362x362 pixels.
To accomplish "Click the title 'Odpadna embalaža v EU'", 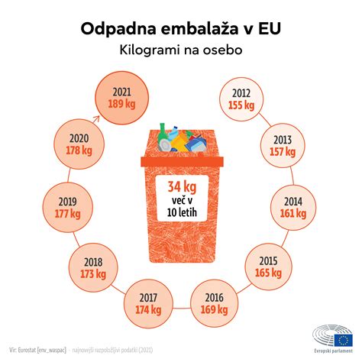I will coord(180,28).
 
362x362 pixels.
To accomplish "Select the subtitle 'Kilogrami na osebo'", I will coord(180,50).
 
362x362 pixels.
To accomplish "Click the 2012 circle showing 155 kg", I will coord(243,100).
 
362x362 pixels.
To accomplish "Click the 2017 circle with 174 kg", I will coord(144,303).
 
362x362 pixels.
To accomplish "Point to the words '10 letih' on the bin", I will coord(181,212).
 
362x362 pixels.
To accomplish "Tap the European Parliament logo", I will coord(333,335).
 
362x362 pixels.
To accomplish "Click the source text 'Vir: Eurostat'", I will coord(38,348).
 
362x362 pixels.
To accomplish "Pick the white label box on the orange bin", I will coord(181,199).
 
